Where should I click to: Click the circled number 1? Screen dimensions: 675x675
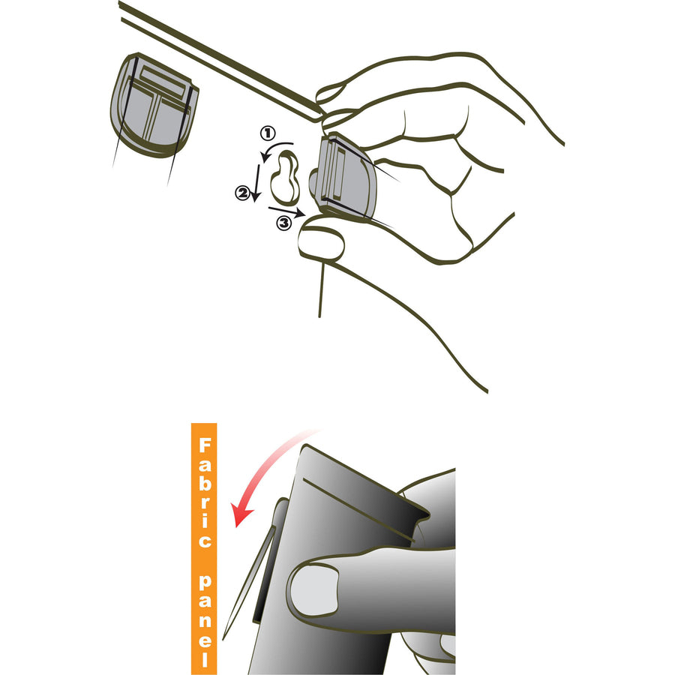click(268, 133)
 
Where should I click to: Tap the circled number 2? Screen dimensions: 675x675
click(242, 193)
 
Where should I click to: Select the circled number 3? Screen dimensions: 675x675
click(284, 223)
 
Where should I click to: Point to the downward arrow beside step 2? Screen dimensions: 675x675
click(257, 183)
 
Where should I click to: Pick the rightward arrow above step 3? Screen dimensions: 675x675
click(287, 211)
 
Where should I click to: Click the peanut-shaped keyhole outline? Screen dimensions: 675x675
click(285, 177)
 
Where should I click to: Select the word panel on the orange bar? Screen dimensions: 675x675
click(205, 620)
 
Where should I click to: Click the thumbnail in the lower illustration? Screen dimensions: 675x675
click(314, 590)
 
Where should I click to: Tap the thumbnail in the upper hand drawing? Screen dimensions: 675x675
click(322, 244)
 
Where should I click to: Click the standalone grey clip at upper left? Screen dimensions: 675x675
click(154, 105)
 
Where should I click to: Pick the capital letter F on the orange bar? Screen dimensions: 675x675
click(205, 445)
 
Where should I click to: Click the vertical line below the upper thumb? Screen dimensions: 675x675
click(321, 289)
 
